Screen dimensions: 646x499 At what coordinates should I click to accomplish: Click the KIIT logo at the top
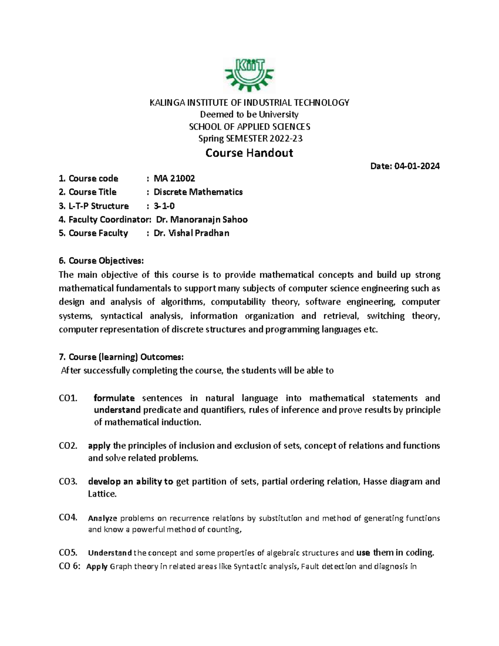(249, 75)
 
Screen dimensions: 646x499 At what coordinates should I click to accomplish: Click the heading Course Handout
(249, 153)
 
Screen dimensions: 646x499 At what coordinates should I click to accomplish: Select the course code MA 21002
(174, 178)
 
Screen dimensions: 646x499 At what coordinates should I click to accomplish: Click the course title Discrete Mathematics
(198, 192)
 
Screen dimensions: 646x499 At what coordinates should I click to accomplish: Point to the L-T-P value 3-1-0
(164, 206)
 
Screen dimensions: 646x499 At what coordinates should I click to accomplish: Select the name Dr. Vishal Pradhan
(191, 233)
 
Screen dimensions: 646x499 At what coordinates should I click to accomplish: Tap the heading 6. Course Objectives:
(101, 261)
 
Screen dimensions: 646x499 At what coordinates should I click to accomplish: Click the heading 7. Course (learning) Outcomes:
(121, 357)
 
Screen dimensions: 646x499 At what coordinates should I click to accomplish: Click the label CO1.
(68, 398)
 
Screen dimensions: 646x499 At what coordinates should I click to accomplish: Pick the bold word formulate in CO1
(114, 398)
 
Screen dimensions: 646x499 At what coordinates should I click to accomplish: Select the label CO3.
(68, 482)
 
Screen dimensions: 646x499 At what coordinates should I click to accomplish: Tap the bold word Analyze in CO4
(103, 518)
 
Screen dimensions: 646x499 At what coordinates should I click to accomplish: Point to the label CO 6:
(69, 566)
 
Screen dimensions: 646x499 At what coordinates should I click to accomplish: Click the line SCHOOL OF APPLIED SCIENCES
(249, 126)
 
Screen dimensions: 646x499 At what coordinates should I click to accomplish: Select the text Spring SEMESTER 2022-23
(249, 139)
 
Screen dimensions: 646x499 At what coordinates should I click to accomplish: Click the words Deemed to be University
(249, 114)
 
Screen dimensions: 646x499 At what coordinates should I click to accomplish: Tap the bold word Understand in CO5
(110, 553)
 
